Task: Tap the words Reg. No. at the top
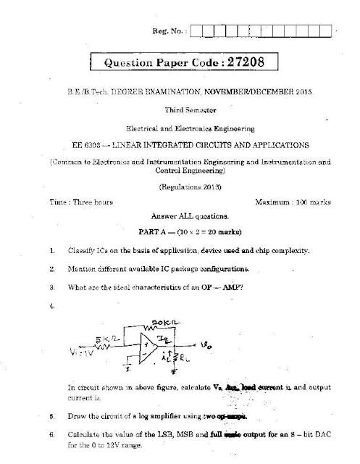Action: point(171,32)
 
